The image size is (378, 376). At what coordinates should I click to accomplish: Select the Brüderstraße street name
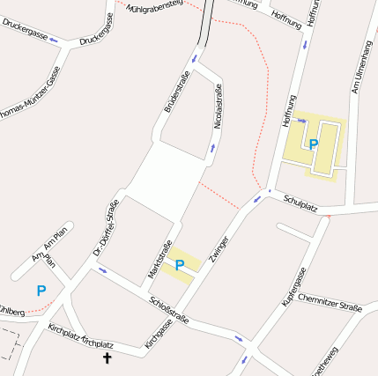tap(176, 93)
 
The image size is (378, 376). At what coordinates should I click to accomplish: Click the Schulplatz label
tap(300, 204)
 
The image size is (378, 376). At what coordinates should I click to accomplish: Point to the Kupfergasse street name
tap(293, 286)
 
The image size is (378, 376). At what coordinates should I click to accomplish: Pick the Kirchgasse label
tap(159, 335)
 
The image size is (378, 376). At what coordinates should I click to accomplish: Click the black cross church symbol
tap(108, 358)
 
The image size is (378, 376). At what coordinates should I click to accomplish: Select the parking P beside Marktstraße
tap(180, 264)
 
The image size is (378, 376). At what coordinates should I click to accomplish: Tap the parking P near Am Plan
tap(41, 290)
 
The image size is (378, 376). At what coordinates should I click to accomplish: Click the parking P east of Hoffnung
tap(313, 144)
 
